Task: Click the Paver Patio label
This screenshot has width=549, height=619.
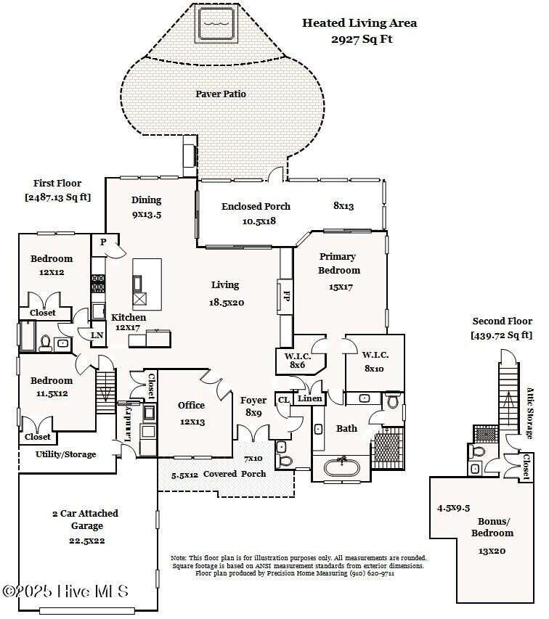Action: pyautogui.click(x=221, y=94)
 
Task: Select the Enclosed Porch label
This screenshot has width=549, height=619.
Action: pyautogui.click(x=256, y=207)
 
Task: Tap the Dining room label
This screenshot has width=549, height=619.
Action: pyautogui.click(x=146, y=200)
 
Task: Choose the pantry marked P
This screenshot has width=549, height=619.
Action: pyautogui.click(x=103, y=242)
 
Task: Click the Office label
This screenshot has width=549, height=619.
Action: pyautogui.click(x=192, y=405)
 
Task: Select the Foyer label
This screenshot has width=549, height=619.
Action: pyautogui.click(x=253, y=400)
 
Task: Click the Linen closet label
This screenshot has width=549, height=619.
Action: pyautogui.click(x=310, y=399)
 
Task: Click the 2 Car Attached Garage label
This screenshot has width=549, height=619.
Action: pyautogui.click(x=86, y=519)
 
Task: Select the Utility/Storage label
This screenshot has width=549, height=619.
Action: pyautogui.click(x=65, y=454)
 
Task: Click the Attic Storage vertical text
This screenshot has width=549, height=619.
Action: pyautogui.click(x=529, y=412)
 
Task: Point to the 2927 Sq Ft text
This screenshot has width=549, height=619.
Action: pyautogui.click(x=362, y=39)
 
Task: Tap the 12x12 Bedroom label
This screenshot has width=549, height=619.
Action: pyautogui.click(x=52, y=266)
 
